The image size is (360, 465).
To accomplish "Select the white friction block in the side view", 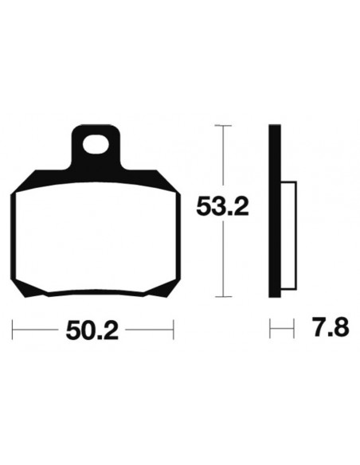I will [289, 231].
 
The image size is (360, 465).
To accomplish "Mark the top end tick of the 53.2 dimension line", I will [224, 125].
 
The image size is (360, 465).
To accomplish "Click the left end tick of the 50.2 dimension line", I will [15, 328].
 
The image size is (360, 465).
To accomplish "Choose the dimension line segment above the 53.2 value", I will [224, 159].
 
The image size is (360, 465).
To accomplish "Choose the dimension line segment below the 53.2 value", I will [224, 259].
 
